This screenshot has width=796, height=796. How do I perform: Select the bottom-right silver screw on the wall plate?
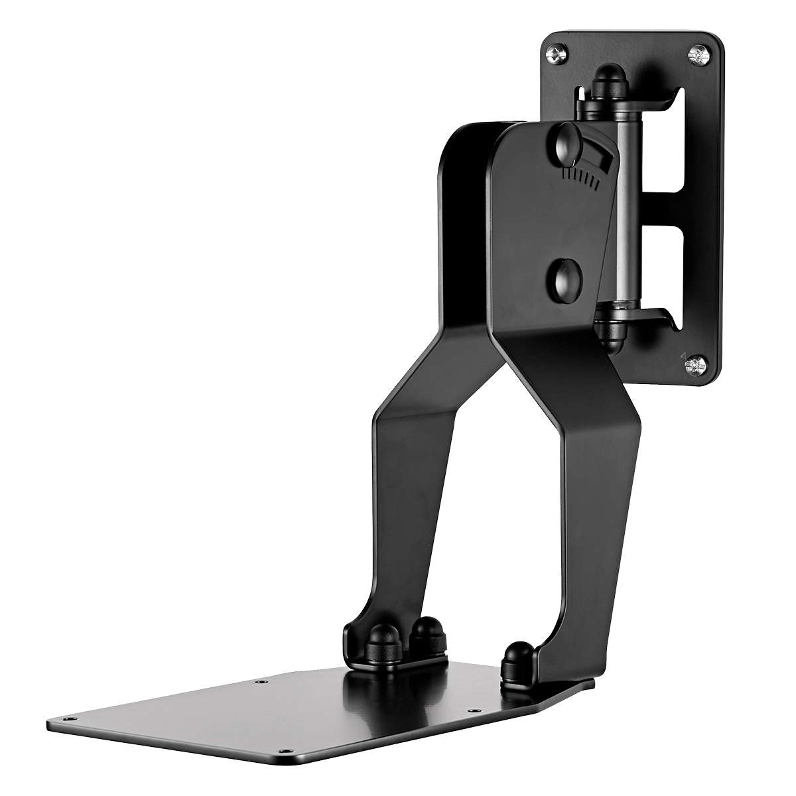coord(695,363)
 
